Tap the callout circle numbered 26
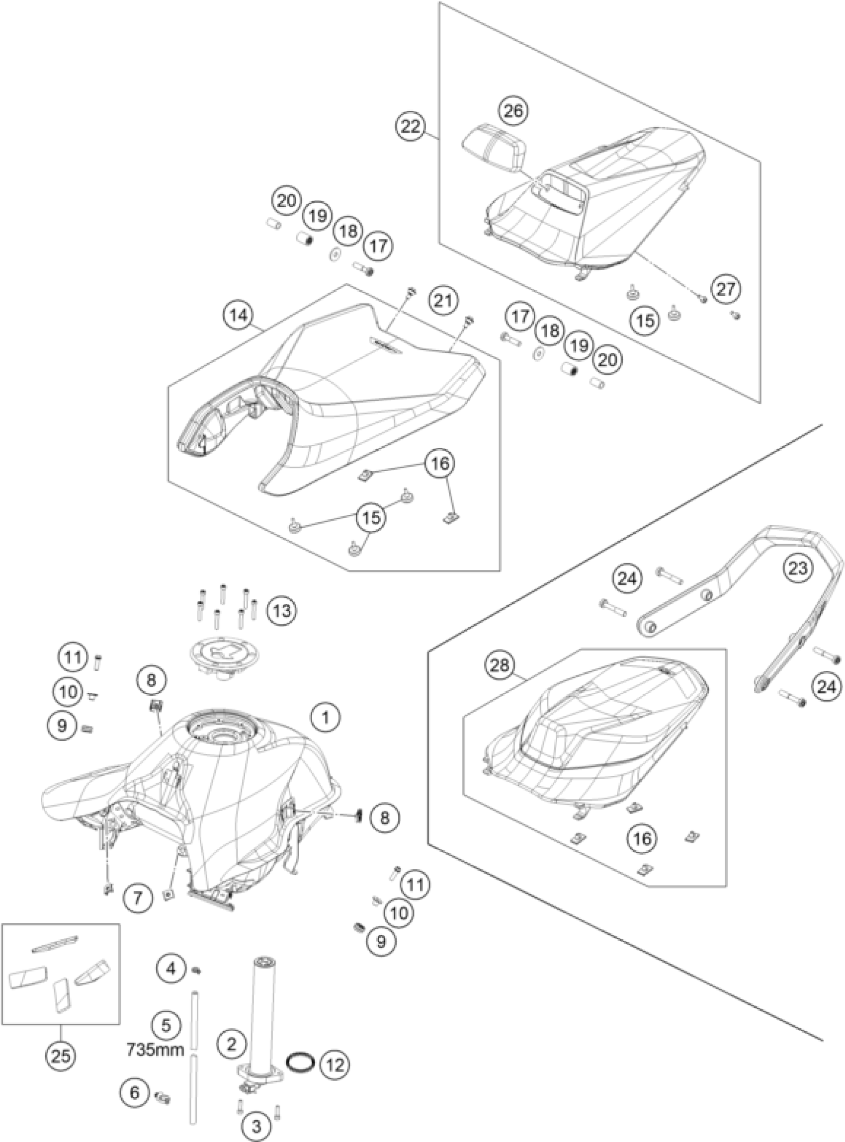tap(513, 110)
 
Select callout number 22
tap(411, 126)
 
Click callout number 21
tap(443, 300)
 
